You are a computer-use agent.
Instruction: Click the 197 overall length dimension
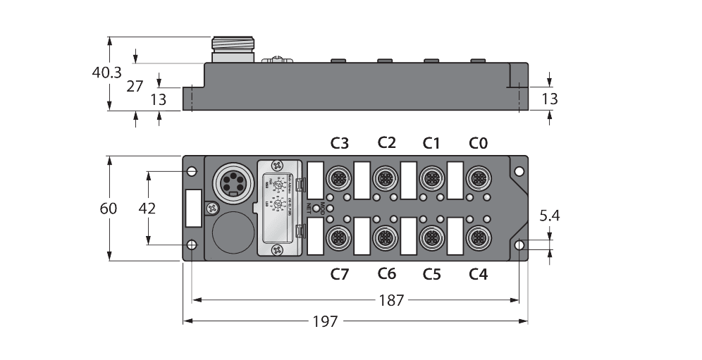tap(326, 322)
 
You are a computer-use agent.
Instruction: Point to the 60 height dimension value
tap(108, 209)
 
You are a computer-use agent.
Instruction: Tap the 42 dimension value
tap(147, 209)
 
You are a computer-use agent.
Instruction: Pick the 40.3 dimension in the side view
tap(107, 72)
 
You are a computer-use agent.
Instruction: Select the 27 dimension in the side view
tap(135, 86)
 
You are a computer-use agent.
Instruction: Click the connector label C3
tap(340, 144)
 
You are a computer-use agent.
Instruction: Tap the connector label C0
tap(478, 144)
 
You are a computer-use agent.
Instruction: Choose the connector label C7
tap(340, 274)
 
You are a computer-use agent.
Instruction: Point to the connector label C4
tap(478, 274)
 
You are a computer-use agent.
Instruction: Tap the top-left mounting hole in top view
tap(191, 171)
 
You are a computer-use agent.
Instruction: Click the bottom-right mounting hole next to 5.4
tap(519, 244)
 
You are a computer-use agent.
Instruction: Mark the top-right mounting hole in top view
tap(519, 171)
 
